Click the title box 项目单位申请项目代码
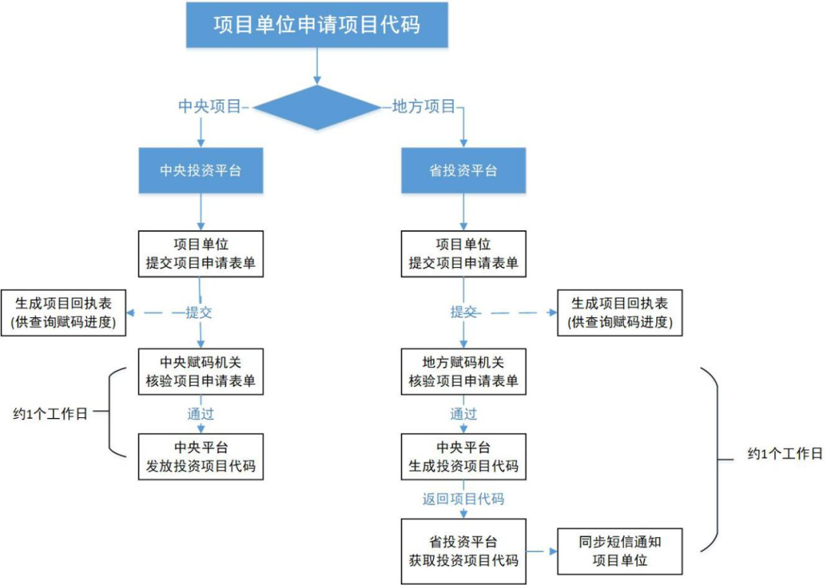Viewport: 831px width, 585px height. [316, 25]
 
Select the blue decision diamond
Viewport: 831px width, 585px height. [316, 108]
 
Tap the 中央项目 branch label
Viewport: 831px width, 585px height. [210, 107]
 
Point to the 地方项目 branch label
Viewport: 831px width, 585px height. [424, 107]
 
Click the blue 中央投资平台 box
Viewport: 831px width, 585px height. [200, 170]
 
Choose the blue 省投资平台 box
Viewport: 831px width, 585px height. [463, 170]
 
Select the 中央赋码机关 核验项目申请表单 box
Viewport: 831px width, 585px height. [200, 371]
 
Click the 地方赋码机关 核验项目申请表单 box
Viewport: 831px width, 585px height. [463, 371]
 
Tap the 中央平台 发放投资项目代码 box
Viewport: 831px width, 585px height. [200, 456]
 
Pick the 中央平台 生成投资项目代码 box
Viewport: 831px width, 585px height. [463, 456]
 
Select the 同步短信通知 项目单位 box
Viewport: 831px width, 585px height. [619, 551]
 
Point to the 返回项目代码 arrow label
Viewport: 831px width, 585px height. [463, 499]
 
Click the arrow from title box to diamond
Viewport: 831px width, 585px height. [316, 67]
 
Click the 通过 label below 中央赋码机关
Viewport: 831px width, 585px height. [200, 414]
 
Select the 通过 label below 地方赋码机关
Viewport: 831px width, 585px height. [463, 414]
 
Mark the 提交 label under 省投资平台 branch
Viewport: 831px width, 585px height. [463, 313]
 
